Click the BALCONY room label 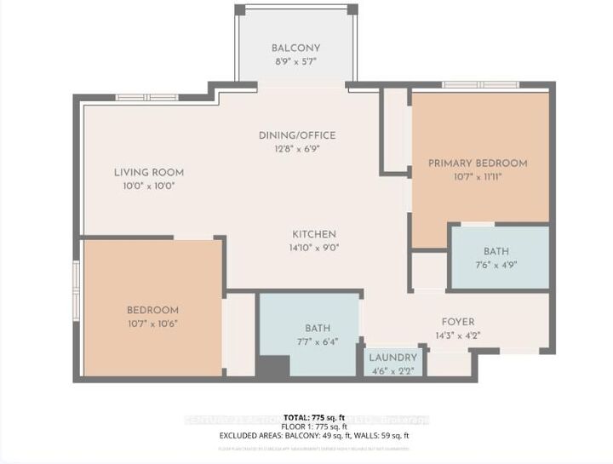pyautogui.click(x=295, y=48)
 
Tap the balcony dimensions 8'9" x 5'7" pyautogui.click(x=295, y=62)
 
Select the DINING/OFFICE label pyautogui.click(x=297, y=135)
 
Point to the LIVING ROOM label pyautogui.click(x=149, y=172)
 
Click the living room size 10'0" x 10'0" pyautogui.click(x=149, y=186)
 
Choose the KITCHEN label pyautogui.click(x=313, y=234)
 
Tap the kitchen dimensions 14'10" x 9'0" pyautogui.click(x=313, y=249)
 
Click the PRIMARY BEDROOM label pyautogui.click(x=478, y=163)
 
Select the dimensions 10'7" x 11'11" pyautogui.click(x=478, y=177)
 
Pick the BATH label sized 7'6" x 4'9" pyautogui.click(x=496, y=251)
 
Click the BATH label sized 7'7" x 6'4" pyautogui.click(x=318, y=328)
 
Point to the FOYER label pyautogui.click(x=458, y=322)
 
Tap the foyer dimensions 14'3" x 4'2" pyautogui.click(x=458, y=336)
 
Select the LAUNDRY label pyautogui.click(x=392, y=358)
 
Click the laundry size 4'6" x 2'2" pyautogui.click(x=392, y=370)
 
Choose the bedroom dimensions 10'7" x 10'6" pyautogui.click(x=153, y=324)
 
